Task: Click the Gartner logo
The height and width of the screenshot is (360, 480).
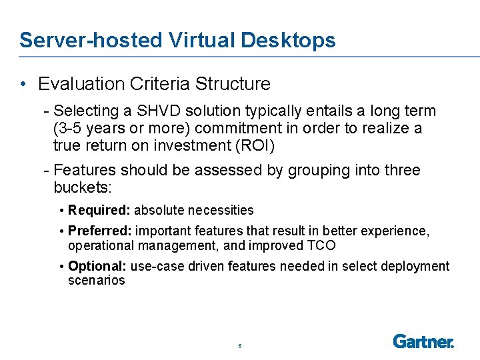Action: [x=423, y=341]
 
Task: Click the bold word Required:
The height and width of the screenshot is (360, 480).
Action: [x=99, y=210]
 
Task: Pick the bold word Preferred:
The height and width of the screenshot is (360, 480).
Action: [x=100, y=231]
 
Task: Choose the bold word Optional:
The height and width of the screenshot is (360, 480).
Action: [x=98, y=266]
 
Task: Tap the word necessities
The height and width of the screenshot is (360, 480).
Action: [x=221, y=210]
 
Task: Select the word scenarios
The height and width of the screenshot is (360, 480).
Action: [x=96, y=280]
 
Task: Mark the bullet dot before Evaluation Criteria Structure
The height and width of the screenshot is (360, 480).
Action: [x=23, y=84]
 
